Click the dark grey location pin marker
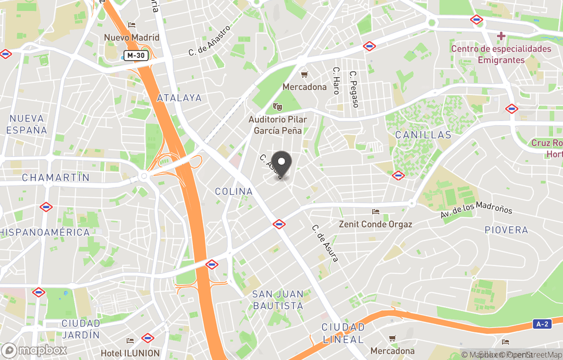tap(281, 164)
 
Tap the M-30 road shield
tap(136, 55)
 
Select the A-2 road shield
tap(543, 324)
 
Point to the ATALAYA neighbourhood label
tap(179, 98)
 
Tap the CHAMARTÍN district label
tap(56, 178)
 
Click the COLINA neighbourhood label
tap(234, 191)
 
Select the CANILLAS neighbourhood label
tap(423, 135)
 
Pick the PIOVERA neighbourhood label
tap(506, 230)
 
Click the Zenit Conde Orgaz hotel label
tap(375, 224)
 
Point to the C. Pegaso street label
tap(354, 89)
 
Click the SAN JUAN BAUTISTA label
tap(277, 300)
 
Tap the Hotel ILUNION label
tap(130, 353)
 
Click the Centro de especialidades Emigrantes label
tap(501, 54)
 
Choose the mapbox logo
tap(34, 350)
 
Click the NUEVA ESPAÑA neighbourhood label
tap(27, 124)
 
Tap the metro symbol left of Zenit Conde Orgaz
tap(279, 224)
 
